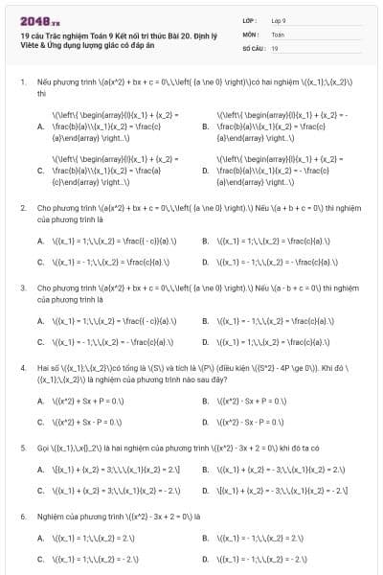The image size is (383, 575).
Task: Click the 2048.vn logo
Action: [x=39, y=18]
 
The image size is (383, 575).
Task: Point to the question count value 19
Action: [x=275, y=47]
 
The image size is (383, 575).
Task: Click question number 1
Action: [x=22, y=83]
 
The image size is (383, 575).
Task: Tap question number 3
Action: [x=22, y=287]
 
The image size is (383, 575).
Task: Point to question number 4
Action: [x=22, y=365]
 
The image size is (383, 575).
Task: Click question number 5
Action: [x=22, y=447]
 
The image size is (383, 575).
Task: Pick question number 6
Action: [x=22, y=515]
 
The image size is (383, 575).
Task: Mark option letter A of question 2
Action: [x=40, y=241]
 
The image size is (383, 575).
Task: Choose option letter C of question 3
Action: [x=40, y=341]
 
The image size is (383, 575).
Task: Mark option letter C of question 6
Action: [x=40, y=558]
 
